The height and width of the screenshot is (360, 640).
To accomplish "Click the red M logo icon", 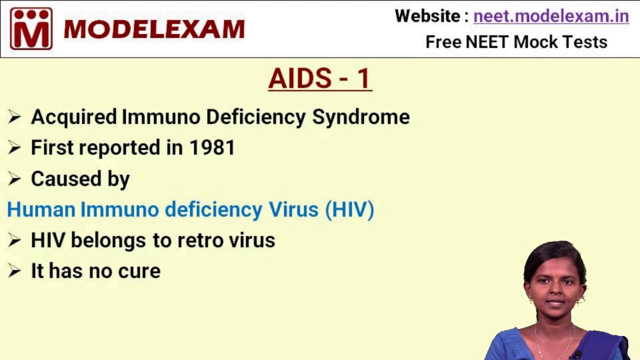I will (31, 28).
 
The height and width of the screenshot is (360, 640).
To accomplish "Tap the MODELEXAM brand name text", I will (154, 29).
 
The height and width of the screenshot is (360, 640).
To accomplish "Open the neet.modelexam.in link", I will (551, 16).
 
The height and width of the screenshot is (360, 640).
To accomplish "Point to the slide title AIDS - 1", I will (320, 78).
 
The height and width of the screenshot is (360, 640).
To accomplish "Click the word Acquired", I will (74, 117).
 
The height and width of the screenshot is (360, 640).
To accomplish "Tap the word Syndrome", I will (360, 117).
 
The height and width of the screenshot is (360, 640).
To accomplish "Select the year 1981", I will (212, 147).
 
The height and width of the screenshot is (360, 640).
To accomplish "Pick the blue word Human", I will (41, 209).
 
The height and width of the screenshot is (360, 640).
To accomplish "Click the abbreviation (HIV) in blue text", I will (349, 209).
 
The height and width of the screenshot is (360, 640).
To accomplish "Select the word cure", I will (139, 271).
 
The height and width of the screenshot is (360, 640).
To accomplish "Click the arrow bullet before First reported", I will (14, 147).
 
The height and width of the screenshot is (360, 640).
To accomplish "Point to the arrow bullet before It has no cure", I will (14, 271).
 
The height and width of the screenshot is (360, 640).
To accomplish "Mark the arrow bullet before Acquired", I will (14, 117).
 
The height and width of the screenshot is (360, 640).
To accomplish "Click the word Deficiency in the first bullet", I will (255, 117).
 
